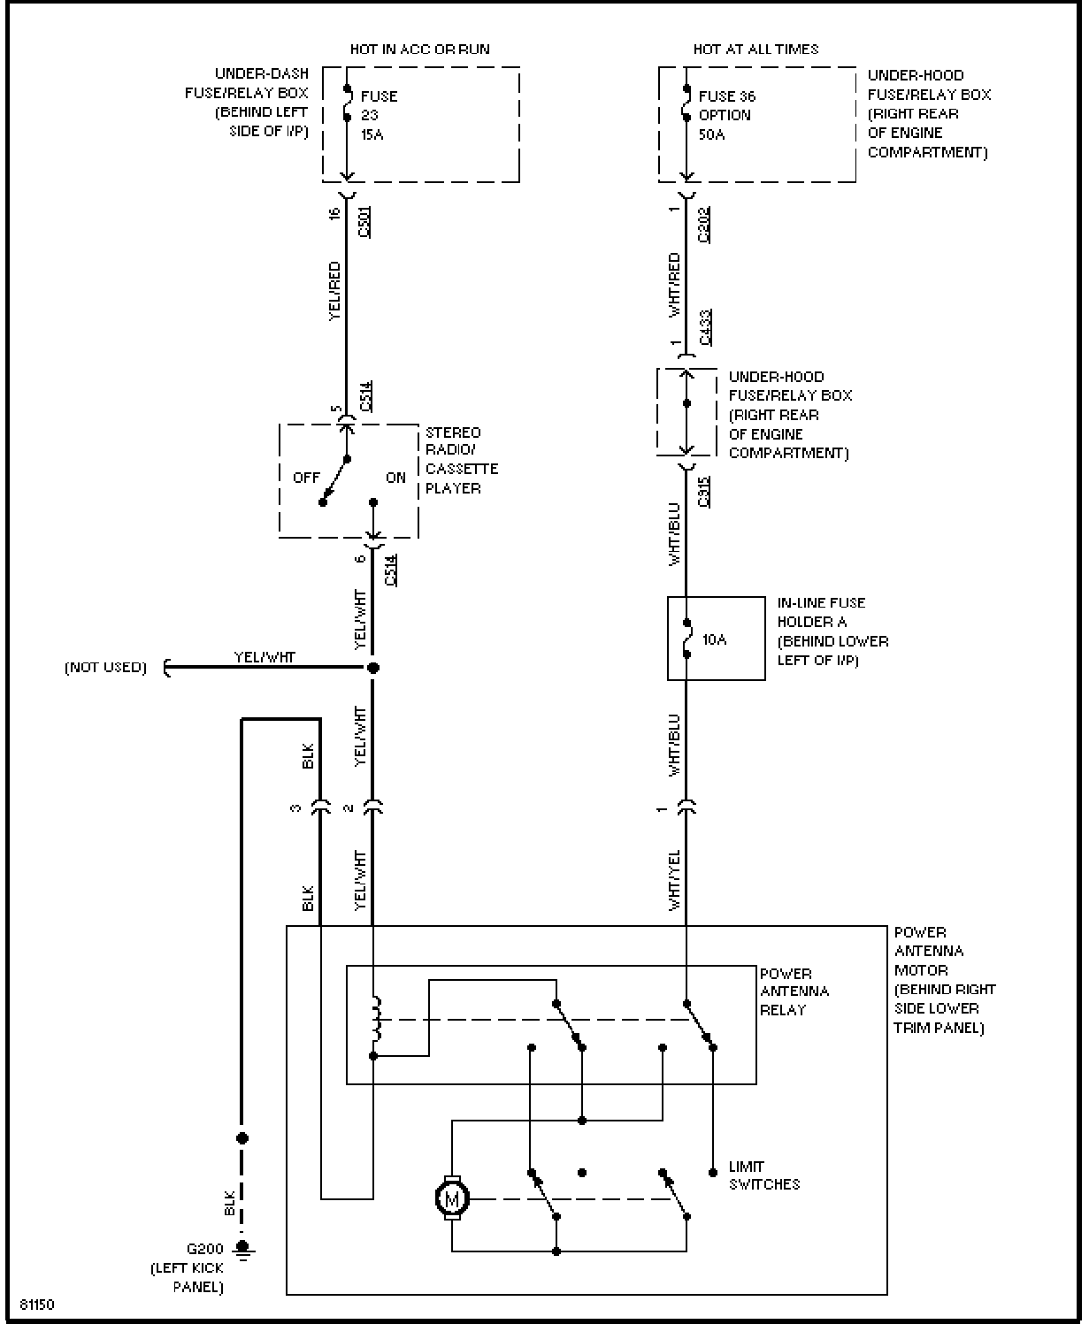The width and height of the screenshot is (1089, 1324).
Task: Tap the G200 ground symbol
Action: coord(242,1250)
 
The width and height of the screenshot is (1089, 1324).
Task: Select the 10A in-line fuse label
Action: coord(714,639)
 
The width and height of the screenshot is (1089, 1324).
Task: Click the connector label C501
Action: coord(364,222)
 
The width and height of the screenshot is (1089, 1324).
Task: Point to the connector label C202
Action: coord(704,225)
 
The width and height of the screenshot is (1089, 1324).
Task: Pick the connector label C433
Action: coord(705,327)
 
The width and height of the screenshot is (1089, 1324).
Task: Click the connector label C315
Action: coord(704,492)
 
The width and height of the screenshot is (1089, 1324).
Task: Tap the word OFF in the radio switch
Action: coord(306,478)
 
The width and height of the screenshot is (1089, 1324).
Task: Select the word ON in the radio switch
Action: coord(395,478)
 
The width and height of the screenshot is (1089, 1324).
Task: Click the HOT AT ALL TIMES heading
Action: coord(756,49)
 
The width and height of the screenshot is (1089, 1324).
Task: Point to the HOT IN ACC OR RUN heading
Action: coord(420,49)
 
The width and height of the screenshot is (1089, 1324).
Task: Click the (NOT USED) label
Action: coord(105,668)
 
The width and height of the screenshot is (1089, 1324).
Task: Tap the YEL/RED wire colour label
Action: coord(334,291)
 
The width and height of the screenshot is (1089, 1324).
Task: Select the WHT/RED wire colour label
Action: coord(674,285)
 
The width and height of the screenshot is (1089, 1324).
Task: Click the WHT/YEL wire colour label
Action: coord(674,880)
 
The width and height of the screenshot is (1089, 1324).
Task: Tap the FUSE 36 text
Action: coord(727,96)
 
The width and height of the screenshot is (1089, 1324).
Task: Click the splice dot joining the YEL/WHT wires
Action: coord(373,668)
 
